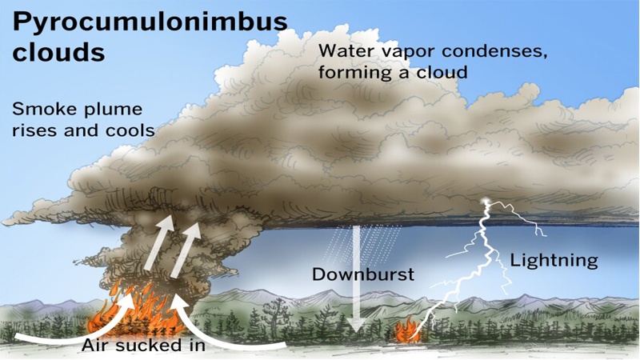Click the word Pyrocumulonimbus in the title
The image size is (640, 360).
[x=150, y=23]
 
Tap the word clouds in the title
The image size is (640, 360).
[x=58, y=52]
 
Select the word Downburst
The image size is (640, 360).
[x=363, y=274]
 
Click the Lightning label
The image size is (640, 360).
[x=554, y=261]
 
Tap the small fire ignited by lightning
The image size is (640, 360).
[x=407, y=330]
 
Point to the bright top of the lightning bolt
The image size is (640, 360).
[x=486, y=202]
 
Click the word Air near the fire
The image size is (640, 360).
[x=96, y=346]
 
